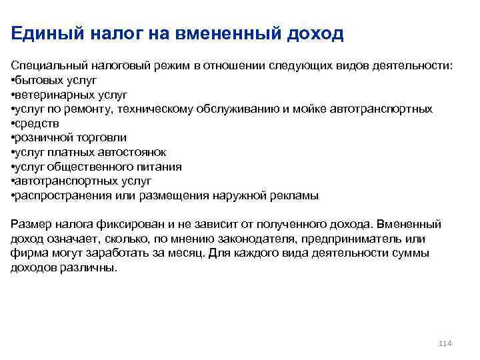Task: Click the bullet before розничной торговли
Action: tap(13, 137)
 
